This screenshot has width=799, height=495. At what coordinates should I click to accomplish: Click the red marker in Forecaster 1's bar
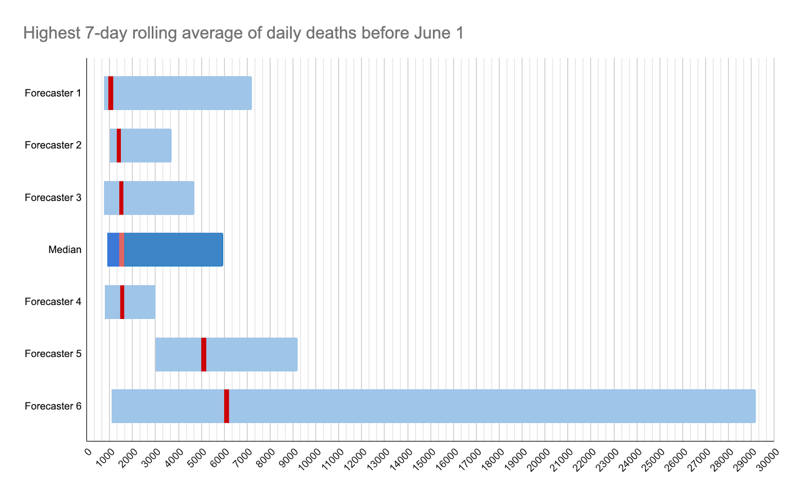(111, 93)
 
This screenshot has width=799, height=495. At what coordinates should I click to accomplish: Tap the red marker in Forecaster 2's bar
(119, 145)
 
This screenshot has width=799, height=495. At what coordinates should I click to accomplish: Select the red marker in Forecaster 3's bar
(121, 197)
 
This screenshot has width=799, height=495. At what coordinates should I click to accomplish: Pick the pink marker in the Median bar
(122, 249)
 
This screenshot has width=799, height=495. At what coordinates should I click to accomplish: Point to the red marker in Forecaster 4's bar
(122, 302)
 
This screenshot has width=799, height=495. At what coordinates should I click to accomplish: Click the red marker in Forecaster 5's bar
(204, 354)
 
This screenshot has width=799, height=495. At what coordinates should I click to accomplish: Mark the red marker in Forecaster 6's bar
(227, 406)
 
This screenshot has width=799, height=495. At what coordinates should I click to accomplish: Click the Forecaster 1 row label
(53, 93)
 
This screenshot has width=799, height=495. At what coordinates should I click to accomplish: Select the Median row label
(65, 249)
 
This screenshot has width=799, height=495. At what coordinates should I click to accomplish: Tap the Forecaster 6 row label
(53, 406)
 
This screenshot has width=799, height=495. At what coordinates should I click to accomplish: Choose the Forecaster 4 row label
(53, 302)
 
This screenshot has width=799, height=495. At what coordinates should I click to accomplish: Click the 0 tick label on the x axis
(88, 452)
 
